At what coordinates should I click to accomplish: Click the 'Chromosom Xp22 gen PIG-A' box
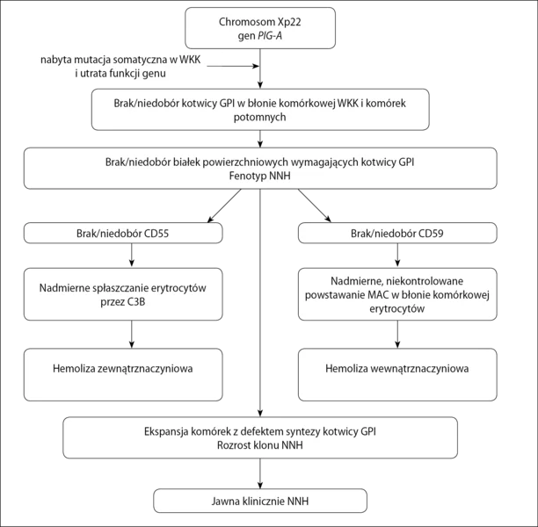point(260,28)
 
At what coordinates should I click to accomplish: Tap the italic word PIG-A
point(270,36)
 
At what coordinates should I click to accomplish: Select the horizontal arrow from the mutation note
point(233,66)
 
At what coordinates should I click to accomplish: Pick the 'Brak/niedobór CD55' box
point(123,233)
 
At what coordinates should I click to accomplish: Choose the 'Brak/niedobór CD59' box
point(397,233)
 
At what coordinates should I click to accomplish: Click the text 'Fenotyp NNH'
point(259,176)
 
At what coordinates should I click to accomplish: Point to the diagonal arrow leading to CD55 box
point(224,206)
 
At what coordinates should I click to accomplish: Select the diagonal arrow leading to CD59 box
point(315,206)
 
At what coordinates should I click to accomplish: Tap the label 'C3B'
point(137,302)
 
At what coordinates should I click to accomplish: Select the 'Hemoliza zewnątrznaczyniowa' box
point(123,375)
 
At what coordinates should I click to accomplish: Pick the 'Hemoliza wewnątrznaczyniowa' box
point(397,375)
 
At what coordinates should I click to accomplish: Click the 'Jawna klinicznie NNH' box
point(260,501)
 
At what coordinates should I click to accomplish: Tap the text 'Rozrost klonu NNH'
point(259,445)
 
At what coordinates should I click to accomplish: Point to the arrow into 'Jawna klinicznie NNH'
point(260,473)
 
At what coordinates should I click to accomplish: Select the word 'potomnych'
point(259,118)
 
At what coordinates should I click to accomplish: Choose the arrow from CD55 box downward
point(132,255)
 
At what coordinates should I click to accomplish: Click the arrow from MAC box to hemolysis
point(397,335)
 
